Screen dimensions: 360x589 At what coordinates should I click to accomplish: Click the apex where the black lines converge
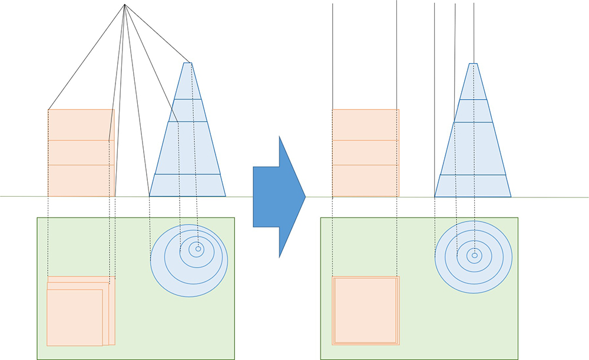point(125,5)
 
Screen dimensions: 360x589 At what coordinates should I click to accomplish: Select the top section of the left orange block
point(81,124)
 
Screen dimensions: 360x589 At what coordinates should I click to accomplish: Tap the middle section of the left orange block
point(81,153)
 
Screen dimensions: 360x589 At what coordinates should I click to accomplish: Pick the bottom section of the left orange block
point(81,180)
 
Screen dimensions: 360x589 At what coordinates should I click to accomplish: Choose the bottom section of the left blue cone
point(187,185)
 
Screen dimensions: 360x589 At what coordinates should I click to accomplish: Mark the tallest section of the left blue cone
point(188,148)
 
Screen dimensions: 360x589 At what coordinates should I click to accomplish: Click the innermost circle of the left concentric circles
point(198,249)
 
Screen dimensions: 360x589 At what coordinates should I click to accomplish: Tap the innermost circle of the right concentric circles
point(474,255)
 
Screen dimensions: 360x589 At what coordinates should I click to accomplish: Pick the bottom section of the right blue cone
point(473,186)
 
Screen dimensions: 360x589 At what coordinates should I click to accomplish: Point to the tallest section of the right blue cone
point(474,148)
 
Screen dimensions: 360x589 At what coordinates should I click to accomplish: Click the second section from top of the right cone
point(474,111)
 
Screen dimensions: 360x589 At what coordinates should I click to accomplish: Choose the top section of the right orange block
point(366,124)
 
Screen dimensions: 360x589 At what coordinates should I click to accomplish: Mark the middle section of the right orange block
point(366,153)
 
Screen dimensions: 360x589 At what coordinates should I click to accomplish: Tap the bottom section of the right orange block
point(366,180)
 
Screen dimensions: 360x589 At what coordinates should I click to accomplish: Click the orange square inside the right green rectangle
point(366,311)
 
